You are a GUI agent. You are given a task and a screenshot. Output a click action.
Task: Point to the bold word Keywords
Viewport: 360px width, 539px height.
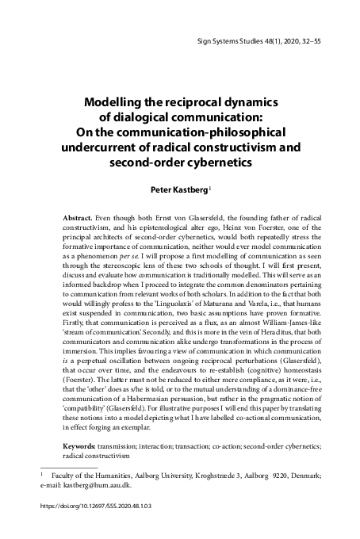click(x=83, y=447)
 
